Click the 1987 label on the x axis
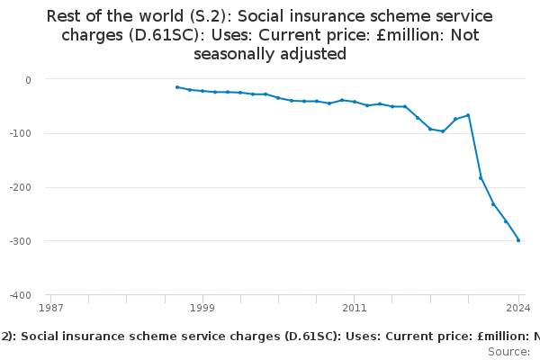(51, 308)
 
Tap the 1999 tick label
(202, 308)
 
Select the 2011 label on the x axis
(354, 308)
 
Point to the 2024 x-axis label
(517, 308)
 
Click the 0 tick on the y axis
(28, 79)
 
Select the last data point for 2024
(518, 240)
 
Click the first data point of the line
(177, 87)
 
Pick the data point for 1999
(202, 91)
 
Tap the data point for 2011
(354, 102)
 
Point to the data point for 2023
(506, 221)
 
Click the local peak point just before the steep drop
(468, 115)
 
